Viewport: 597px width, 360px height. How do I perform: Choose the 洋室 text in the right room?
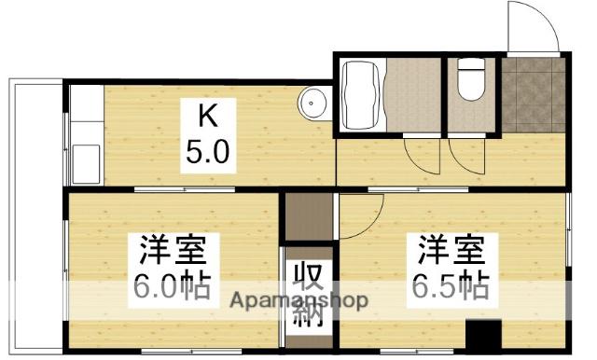click(x=451, y=252)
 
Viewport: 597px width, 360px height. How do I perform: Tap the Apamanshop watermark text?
click(x=298, y=301)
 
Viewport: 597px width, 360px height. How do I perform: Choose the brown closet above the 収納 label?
click(x=308, y=216)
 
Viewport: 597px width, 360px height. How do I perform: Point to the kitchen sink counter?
click(x=84, y=135)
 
